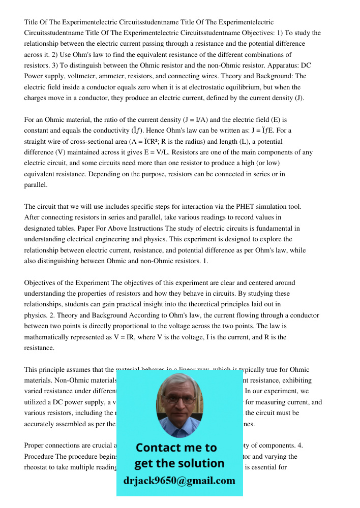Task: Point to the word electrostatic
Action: (197, 87)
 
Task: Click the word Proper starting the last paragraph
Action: (35, 446)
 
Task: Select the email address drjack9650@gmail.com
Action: (179, 481)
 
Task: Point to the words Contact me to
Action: (176, 448)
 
